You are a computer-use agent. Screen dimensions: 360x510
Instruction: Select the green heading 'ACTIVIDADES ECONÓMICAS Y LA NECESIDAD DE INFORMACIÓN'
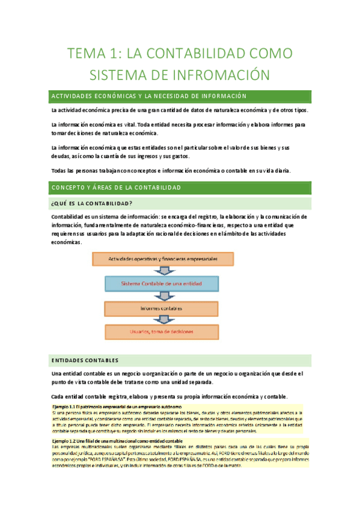pos(149,96)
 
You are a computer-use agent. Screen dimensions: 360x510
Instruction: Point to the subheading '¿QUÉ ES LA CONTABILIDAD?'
pos(93,202)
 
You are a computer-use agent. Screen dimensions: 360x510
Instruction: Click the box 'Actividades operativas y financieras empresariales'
pos(162,259)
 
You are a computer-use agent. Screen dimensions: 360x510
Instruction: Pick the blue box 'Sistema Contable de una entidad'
pos(161,283)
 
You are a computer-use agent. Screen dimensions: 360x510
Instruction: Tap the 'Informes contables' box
pos(160,308)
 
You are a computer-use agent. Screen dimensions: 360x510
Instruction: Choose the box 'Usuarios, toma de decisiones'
pos(161,331)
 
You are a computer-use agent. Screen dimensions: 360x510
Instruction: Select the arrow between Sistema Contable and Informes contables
pos(162,296)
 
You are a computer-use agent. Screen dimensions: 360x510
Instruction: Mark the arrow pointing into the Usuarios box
pos(162,320)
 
